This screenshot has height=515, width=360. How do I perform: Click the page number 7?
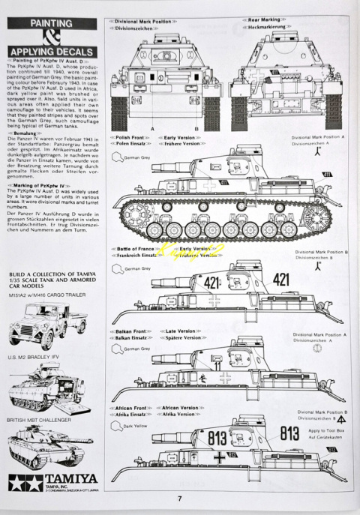(179, 499)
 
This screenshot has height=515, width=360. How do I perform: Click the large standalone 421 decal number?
(280, 280)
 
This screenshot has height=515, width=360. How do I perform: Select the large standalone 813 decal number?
(289, 433)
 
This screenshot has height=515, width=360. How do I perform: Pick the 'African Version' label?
(179, 408)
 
